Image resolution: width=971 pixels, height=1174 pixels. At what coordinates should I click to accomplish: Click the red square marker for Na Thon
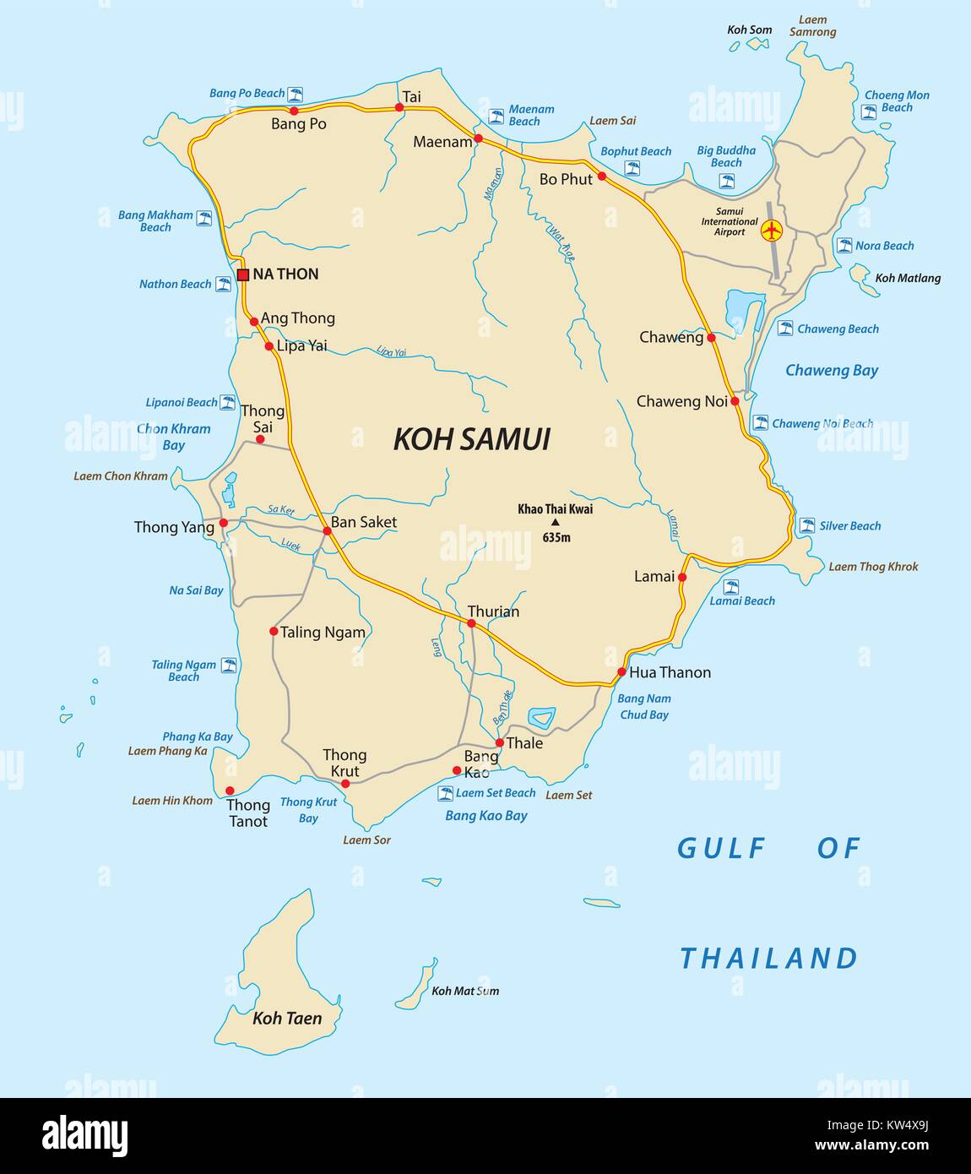[243, 274]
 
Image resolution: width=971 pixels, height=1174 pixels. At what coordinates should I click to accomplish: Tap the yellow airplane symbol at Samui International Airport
[771, 230]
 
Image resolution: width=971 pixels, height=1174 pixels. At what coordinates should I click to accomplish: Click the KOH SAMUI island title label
[471, 439]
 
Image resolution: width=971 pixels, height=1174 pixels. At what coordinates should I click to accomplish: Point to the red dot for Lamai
[682, 578]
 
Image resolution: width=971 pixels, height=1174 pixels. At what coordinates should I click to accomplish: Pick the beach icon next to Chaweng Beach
[785, 329]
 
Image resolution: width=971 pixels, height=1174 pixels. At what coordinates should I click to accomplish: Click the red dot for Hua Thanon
[621, 672]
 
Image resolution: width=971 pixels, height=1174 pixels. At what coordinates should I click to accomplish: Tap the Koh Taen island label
[287, 1019]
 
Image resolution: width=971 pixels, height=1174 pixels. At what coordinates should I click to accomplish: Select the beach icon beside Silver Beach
[807, 525]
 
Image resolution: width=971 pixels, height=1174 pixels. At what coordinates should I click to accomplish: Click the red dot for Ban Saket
[327, 530]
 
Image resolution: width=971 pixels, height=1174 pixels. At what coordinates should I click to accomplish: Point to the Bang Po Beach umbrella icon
[296, 94]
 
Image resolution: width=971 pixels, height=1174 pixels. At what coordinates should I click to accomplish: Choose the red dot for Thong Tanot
[230, 791]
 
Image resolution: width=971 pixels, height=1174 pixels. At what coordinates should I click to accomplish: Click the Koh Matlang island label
[908, 278]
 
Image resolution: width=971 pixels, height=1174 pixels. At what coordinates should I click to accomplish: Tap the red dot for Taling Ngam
[274, 631]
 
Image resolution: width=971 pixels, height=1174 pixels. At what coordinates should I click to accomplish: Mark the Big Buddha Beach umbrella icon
[726, 181]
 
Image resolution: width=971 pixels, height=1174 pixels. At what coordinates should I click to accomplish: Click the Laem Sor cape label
[366, 840]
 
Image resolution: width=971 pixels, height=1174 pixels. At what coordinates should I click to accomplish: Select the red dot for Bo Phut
[602, 176]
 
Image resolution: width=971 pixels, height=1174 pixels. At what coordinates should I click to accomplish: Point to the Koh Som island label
[749, 30]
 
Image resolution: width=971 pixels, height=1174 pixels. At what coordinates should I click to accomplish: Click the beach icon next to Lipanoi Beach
[228, 403]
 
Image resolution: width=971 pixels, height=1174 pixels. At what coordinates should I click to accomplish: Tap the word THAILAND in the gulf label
[768, 959]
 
